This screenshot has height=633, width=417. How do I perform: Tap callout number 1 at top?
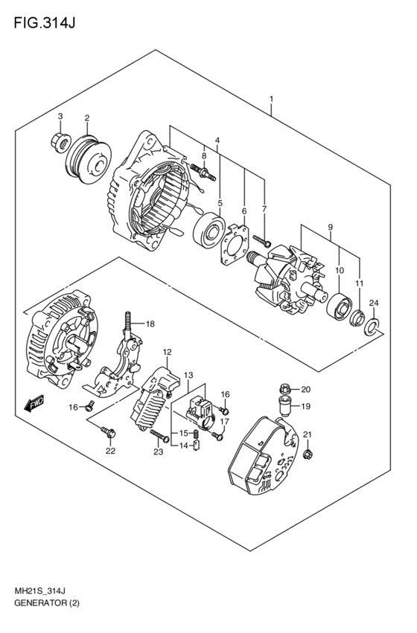click(272, 99)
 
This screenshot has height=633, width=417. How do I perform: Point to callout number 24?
click(375, 303)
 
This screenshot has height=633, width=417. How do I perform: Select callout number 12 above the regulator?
click(168, 352)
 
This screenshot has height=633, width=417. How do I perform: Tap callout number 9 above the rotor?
click(330, 226)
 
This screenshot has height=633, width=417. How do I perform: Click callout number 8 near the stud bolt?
click(204, 156)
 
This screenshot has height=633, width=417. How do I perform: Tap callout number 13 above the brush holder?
click(189, 375)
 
